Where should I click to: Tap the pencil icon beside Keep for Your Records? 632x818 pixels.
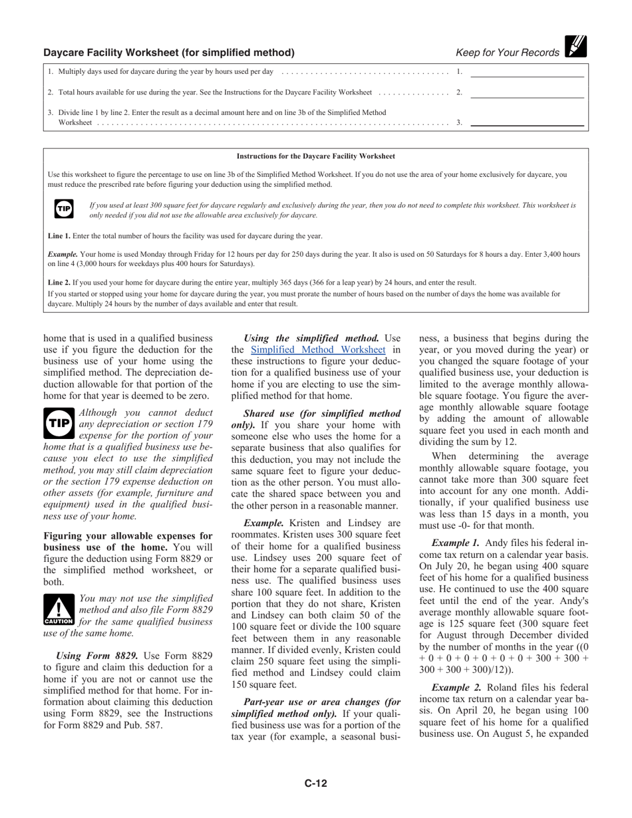[575, 47]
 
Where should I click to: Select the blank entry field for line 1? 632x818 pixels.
[527, 72]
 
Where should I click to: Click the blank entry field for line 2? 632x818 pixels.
[527, 92]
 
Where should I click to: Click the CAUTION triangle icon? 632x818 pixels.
[59, 610]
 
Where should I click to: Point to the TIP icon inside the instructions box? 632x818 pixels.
[63, 209]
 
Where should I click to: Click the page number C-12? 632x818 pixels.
[316, 783]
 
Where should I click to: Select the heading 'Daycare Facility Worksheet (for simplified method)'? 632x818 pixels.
[169, 53]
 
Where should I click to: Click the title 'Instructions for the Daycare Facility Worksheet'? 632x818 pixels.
[316, 156]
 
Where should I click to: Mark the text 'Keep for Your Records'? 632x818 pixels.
[508, 53]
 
